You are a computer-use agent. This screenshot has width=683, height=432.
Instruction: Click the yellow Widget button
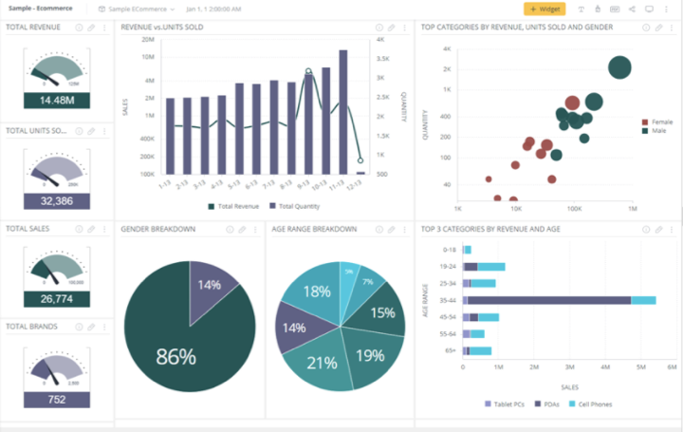(545, 9)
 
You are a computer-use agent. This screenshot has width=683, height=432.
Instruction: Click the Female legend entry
(661, 122)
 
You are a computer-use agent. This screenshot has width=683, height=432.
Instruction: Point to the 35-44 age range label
(445, 300)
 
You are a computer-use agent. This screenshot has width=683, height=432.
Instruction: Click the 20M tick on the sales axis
(148, 40)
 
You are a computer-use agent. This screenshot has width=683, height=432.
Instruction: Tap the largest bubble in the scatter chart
(619, 67)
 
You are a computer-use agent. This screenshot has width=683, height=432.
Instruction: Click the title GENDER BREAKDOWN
(157, 229)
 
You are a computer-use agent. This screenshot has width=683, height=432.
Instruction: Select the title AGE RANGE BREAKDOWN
(313, 229)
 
